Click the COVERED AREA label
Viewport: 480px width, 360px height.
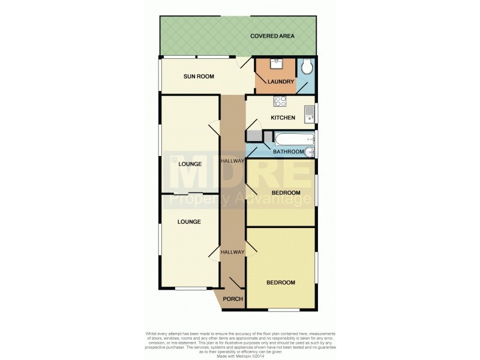coord(272,36)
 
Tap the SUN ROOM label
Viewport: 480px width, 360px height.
coord(199,77)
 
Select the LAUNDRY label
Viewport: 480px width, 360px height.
coord(281,82)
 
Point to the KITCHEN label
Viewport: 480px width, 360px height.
coord(283,118)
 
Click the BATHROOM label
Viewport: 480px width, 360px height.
coord(289,152)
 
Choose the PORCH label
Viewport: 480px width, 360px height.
coord(232,299)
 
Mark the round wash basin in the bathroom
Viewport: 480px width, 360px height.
coord(310,151)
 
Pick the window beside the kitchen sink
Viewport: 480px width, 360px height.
coord(316,113)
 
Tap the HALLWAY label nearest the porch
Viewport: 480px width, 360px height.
coord(233,252)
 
